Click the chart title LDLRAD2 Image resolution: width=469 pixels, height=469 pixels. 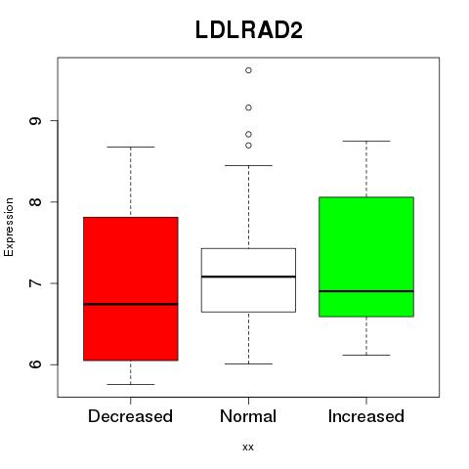(x=249, y=30)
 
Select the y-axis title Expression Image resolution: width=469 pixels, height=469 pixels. (x=9, y=227)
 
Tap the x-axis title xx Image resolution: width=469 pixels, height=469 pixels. (x=248, y=447)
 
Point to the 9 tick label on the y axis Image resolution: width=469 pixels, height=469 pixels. (x=35, y=120)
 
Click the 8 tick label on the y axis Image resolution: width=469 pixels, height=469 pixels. (x=35, y=202)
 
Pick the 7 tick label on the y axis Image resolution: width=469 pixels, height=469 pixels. (x=35, y=283)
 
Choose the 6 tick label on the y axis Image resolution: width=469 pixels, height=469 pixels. (x=35, y=364)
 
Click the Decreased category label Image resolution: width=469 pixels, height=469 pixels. (x=130, y=416)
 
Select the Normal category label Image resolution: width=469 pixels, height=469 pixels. (x=248, y=416)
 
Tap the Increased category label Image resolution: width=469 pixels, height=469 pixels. (x=366, y=416)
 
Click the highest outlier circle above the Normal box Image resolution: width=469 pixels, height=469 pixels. (x=248, y=70)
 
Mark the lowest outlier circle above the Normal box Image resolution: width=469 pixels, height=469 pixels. (x=248, y=146)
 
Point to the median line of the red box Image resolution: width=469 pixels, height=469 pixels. (x=131, y=304)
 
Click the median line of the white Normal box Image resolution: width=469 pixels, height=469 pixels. (x=248, y=277)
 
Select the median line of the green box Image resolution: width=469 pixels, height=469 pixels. (x=366, y=291)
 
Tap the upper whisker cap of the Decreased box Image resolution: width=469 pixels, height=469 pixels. (x=131, y=147)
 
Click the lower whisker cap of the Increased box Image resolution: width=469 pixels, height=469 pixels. (x=366, y=355)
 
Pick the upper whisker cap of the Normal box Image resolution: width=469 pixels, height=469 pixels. (x=248, y=165)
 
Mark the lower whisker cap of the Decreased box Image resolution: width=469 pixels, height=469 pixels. (x=131, y=384)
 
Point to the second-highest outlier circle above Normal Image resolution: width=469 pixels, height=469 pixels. (x=248, y=107)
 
